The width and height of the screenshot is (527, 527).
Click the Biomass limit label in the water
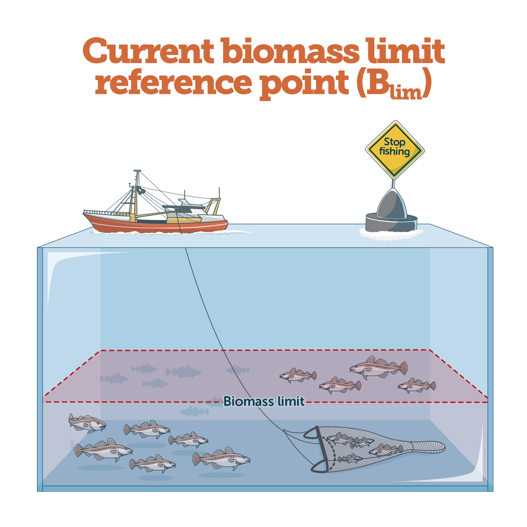[263, 401]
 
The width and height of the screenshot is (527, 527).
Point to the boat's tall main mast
[137, 192]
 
